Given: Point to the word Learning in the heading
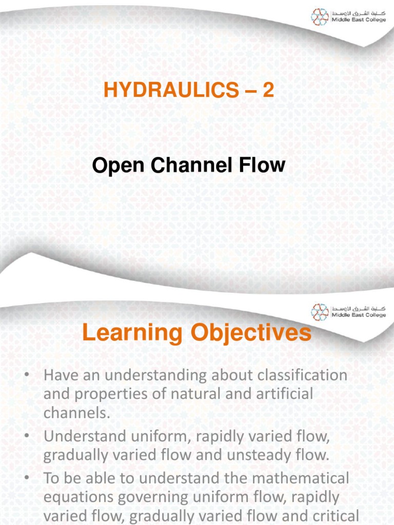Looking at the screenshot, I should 129,333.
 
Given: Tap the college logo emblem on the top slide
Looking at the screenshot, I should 320,17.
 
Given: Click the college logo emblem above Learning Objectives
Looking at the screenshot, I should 320,312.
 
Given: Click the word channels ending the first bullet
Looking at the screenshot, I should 77,413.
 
